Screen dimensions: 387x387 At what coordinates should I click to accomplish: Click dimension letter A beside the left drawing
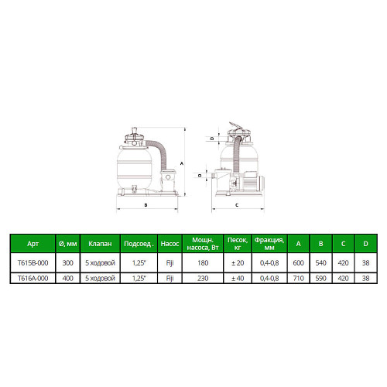coord(182,163)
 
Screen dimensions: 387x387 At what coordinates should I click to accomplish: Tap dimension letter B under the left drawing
coord(146,205)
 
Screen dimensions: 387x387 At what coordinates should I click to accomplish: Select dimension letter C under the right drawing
coord(237,205)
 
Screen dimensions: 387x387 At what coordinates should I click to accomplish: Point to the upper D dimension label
coord(212,139)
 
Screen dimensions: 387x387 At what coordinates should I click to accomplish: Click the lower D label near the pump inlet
coord(200,175)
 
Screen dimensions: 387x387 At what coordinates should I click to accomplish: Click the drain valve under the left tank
coord(134,189)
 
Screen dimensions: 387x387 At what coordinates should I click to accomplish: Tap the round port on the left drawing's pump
coord(168,177)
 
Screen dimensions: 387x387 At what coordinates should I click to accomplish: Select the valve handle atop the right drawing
coord(236,126)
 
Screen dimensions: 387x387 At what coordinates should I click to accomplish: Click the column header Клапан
coord(100,244)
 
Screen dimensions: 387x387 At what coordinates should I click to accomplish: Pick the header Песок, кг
coord(238,244)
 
